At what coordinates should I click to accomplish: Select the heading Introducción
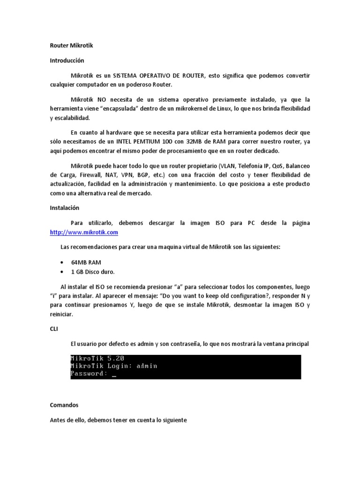click(x=67, y=60)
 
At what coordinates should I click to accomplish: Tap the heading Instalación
click(x=65, y=207)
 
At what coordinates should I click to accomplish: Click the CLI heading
click(x=54, y=329)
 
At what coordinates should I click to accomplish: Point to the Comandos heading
click(x=64, y=405)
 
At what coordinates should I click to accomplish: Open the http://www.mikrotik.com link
click(x=84, y=232)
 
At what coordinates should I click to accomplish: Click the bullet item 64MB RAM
click(x=86, y=262)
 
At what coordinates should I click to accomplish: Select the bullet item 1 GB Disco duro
click(x=93, y=272)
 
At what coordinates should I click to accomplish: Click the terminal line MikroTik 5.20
click(x=97, y=358)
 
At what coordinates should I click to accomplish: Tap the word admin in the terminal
click(x=147, y=366)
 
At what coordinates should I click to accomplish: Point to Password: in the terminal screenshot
click(x=89, y=374)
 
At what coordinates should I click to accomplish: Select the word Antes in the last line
click(x=58, y=420)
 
